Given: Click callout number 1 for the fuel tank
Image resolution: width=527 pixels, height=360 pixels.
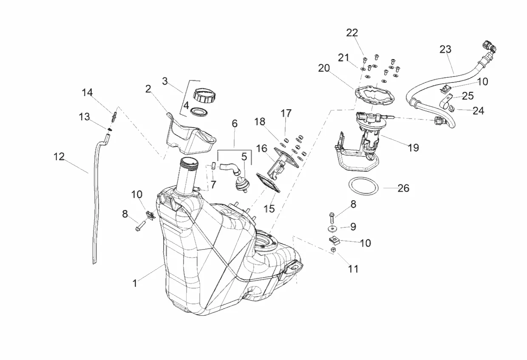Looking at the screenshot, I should [135, 283].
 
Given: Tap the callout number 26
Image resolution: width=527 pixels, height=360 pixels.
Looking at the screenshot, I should [403, 188].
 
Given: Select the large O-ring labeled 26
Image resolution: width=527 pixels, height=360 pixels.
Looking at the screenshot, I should [363, 187].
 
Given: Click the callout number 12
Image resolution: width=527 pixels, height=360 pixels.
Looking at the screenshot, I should [59, 157].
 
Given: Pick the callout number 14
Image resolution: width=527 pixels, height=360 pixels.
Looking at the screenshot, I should [87, 93].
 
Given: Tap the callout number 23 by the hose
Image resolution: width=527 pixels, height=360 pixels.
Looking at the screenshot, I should [445, 49].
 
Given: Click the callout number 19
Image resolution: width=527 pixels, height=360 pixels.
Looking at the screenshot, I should [413, 147].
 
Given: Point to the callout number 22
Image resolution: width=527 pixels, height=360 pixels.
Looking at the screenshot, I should [352, 33].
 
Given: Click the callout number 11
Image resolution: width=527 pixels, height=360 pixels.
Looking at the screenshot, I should [353, 269].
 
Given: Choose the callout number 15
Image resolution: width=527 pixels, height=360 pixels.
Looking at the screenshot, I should [269, 209].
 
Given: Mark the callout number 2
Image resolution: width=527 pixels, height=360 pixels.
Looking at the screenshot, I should [148, 89].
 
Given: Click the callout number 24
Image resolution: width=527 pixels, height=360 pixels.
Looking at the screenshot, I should [478, 111].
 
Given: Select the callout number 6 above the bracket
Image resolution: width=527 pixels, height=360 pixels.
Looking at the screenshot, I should [235, 124].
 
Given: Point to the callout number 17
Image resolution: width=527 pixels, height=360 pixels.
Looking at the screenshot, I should [286, 113].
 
